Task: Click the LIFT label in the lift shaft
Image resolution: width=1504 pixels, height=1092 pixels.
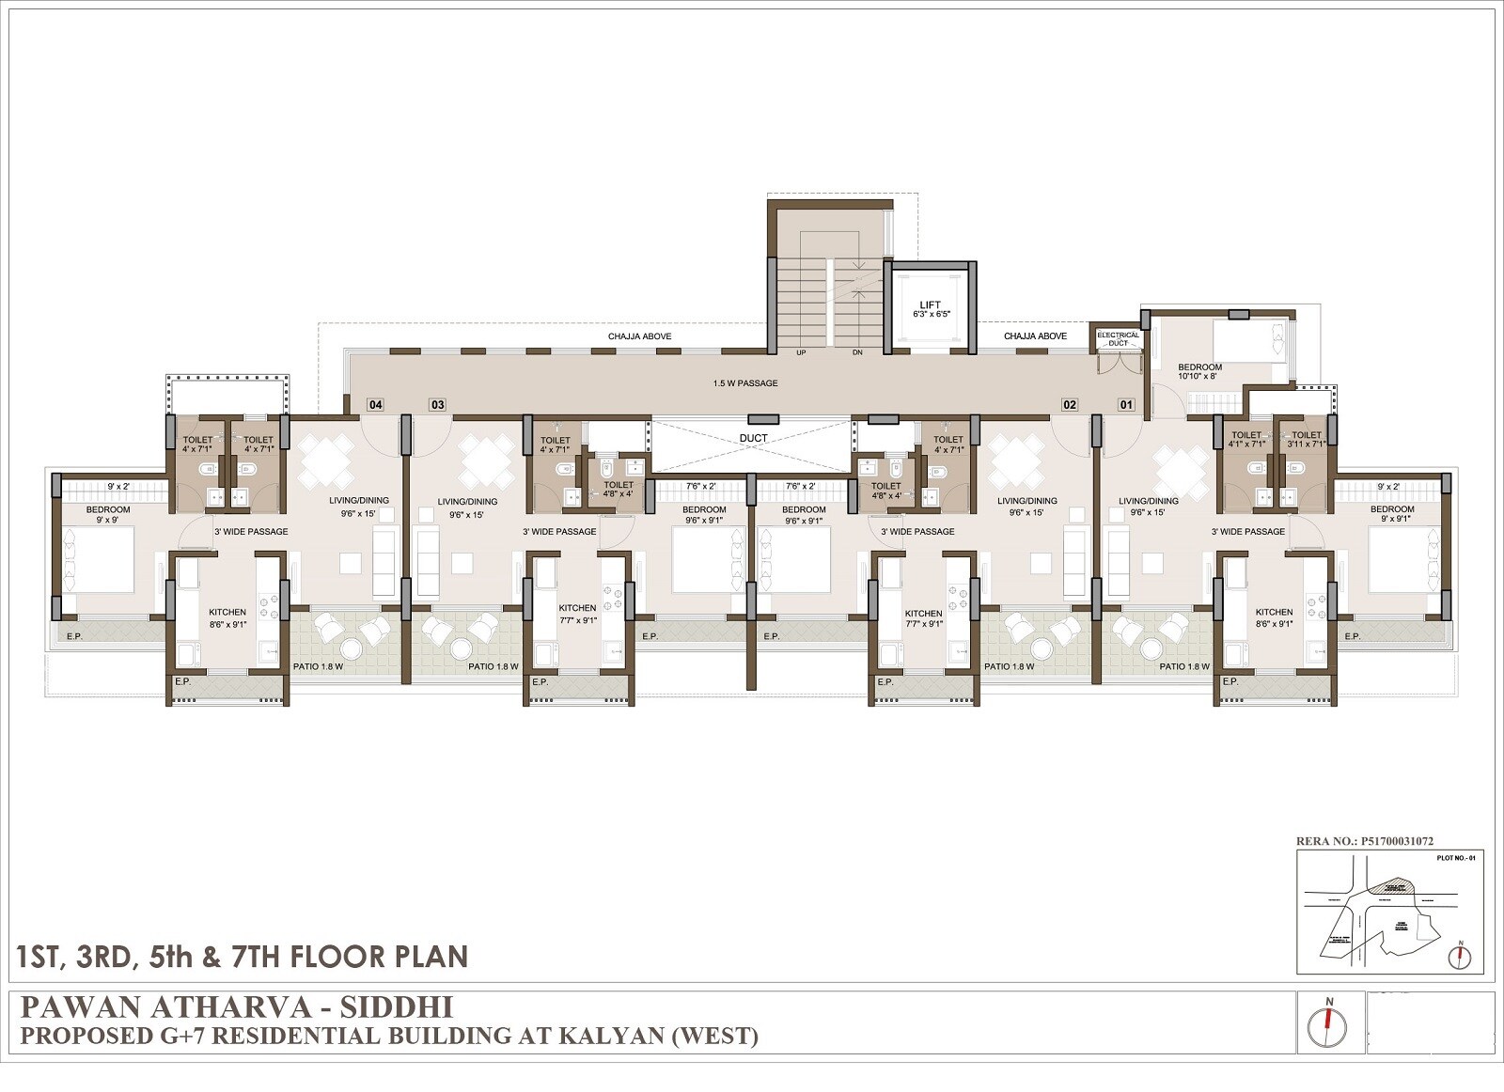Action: coord(930,304)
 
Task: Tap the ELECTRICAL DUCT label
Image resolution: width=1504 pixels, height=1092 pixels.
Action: coord(1118,338)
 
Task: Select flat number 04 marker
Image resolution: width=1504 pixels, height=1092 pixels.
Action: coord(375,405)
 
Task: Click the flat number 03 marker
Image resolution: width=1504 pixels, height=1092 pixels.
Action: coord(437,405)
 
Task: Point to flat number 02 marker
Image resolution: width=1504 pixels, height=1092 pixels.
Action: coord(1070,405)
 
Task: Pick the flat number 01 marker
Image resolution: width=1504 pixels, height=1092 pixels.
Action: coord(1125,405)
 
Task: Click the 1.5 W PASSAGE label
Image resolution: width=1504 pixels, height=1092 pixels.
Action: coord(744,383)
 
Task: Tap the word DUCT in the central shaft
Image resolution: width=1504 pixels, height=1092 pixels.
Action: coord(753,438)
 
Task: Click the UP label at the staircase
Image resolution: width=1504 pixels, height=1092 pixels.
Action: coord(802,352)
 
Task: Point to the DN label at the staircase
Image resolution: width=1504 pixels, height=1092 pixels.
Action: coord(856,352)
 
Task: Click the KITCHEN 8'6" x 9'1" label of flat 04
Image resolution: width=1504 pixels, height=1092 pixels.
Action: coord(227,617)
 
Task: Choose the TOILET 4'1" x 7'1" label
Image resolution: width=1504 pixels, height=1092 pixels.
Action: coord(1246,439)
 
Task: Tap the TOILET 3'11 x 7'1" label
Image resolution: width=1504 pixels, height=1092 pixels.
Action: coord(1306,439)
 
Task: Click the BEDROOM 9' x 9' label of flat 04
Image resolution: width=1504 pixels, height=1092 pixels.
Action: coord(108,515)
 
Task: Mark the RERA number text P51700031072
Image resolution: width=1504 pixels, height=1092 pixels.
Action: coord(1396,842)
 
